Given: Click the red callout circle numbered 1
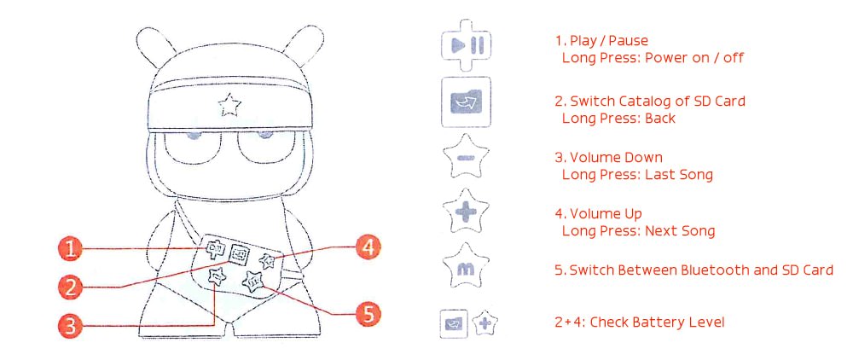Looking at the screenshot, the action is click(x=70, y=249).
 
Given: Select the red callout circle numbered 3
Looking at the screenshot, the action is click(x=70, y=326).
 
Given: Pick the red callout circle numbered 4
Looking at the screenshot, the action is click(x=368, y=248).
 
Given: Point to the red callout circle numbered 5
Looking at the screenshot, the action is click(x=368, y=314).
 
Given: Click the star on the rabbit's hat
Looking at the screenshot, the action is click(x=229, y=104).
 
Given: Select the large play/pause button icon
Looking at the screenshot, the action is click(x=467, y=45).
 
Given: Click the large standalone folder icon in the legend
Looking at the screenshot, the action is click(x=467, y=102).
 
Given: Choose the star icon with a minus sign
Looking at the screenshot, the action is click(x=467, y=158).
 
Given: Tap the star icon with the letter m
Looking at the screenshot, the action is click(x=467, y=266).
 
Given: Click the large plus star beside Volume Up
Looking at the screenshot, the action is click(x=467, y=211).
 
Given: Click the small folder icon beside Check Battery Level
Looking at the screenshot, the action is click(x=453, y=324).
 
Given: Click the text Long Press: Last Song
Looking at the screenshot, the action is click(x=637, y=175).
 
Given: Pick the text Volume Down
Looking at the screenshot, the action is click(x=609, y=158).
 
